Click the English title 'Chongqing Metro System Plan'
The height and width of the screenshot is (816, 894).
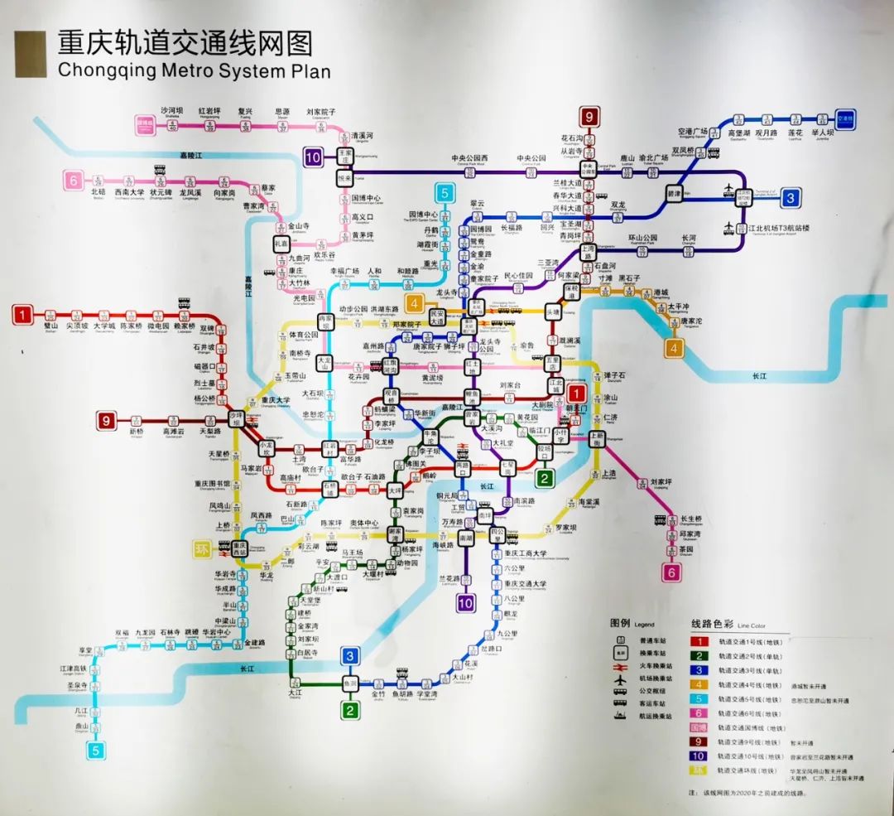coord(194,70)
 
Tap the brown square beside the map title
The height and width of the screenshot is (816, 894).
coord(31,55)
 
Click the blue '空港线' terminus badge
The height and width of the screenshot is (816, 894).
coord(846,118)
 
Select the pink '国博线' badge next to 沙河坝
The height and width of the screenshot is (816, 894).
coord(145,125)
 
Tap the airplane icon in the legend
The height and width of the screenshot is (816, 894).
coord(618,678)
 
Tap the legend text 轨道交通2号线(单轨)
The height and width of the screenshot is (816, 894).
coord(749,655)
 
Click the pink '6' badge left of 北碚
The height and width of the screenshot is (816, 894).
coord(74,179)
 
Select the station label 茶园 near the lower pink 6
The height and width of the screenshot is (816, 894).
coord(685,548)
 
